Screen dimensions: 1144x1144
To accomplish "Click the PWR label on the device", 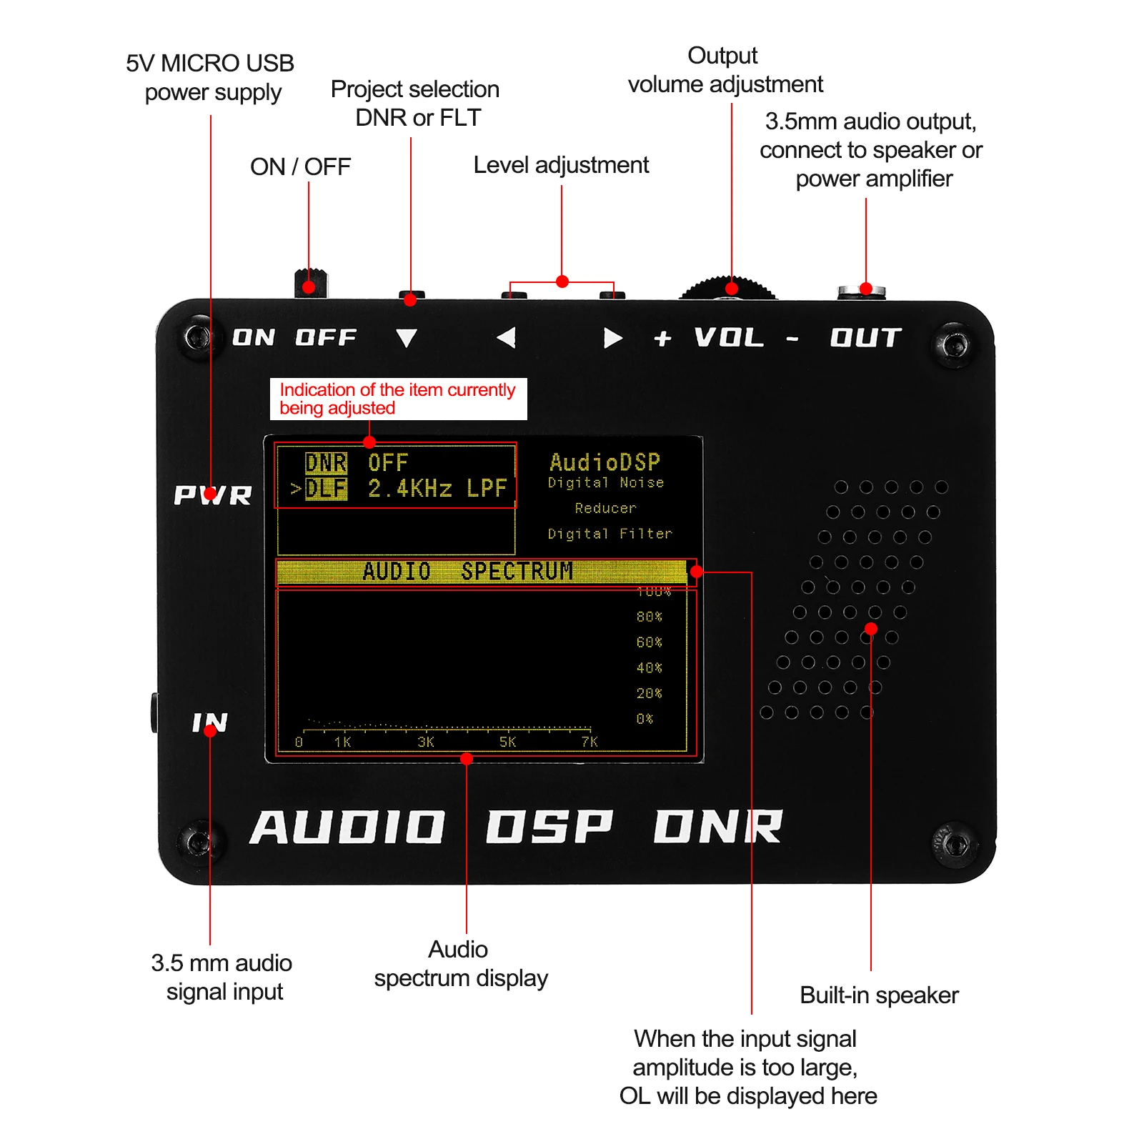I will point(213,494).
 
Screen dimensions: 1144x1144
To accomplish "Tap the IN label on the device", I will point(209,722).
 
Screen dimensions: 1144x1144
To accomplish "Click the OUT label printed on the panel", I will point(865,337).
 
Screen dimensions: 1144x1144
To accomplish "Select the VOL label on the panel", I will point(729,337).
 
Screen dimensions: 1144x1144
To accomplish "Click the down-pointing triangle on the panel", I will point(407,338).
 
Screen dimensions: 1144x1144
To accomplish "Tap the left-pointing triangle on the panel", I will point(507,337).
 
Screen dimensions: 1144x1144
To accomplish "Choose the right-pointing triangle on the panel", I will point(612,338).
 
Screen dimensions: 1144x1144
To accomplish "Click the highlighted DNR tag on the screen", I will point(326,463).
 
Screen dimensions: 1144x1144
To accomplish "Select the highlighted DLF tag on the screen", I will point(326,489).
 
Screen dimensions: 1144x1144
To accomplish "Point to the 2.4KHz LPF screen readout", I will point(437,489).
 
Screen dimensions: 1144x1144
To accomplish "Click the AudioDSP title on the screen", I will point(605,462).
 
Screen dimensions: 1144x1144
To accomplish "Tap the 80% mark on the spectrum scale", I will point(649,617).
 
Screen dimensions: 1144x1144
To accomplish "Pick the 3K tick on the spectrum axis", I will point(425,742).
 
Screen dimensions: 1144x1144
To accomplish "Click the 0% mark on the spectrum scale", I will point(645,719).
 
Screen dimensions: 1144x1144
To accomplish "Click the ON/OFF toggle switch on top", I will point(311,282).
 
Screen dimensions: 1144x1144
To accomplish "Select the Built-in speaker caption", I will point(879,995).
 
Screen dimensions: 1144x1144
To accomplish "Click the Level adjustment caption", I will point(561,165).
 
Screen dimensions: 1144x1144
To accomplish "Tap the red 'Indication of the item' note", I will point(397,399).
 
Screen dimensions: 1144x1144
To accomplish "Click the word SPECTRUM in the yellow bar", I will point(517,572).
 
